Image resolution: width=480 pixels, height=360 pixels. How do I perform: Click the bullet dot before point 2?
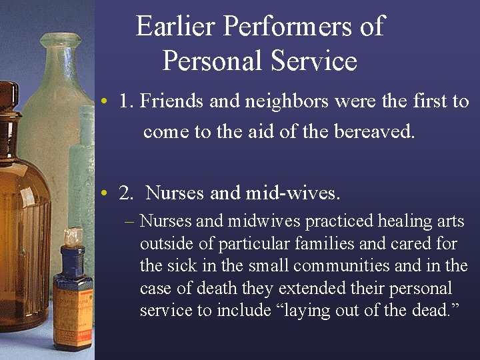coord(105,194)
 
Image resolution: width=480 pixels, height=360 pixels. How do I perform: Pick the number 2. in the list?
coord(126,193)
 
